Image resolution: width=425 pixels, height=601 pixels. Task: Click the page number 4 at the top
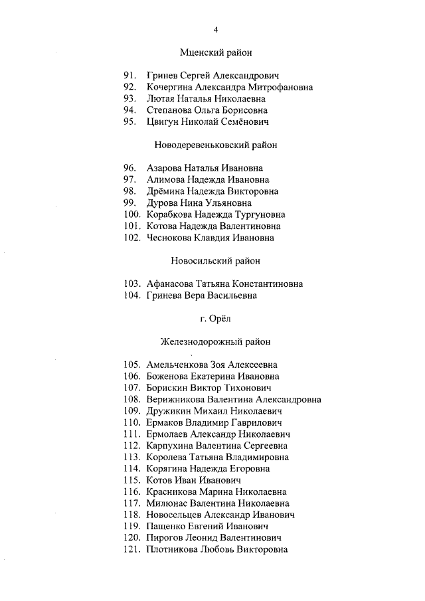[x=216, y=29]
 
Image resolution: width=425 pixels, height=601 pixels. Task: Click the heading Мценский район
[x=216, y=52]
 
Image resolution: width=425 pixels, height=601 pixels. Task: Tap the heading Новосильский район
[x=216, y=260]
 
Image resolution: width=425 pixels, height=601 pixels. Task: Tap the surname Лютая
[x=162, y=98]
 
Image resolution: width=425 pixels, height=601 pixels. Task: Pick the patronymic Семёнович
[x=247, y=122]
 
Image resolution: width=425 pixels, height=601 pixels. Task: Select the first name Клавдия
[x=211, y=238]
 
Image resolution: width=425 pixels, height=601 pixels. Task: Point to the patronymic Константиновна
[x=267, y=284]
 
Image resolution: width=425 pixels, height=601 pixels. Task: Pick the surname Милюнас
[x=167, y=503]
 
